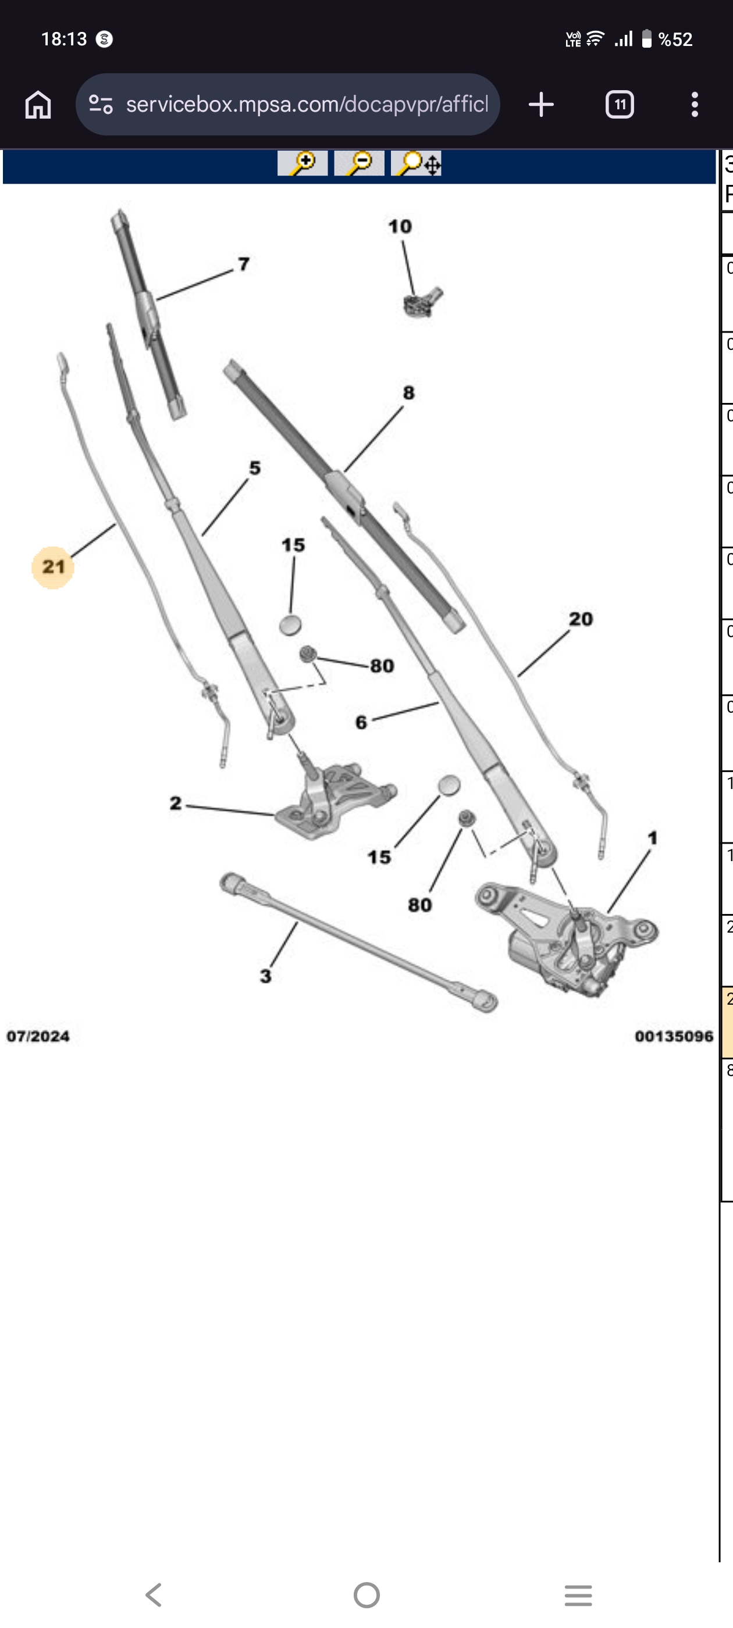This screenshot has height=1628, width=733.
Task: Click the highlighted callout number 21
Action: point(53,567)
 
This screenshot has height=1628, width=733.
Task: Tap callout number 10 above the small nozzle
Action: point(400,226)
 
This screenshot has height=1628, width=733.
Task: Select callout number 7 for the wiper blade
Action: point(244,263)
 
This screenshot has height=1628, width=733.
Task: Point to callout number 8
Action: point(408,392)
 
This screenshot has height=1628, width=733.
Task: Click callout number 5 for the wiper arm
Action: point(255,467)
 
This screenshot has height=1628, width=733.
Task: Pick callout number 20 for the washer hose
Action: point(581,619)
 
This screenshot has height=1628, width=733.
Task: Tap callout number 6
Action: point(361,722)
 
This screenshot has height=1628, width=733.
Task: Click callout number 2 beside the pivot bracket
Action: point(176,804)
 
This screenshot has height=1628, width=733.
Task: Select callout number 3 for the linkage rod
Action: point(266,976)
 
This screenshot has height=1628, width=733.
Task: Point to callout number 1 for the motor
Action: point(653,838)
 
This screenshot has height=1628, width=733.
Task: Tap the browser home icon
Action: point(38,104)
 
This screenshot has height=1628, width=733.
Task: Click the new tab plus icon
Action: point(542,104)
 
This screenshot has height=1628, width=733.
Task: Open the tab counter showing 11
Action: point(620,104)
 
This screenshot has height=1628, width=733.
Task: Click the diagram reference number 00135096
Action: point(674,1037)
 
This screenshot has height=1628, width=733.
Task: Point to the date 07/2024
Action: point(38,1037)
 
